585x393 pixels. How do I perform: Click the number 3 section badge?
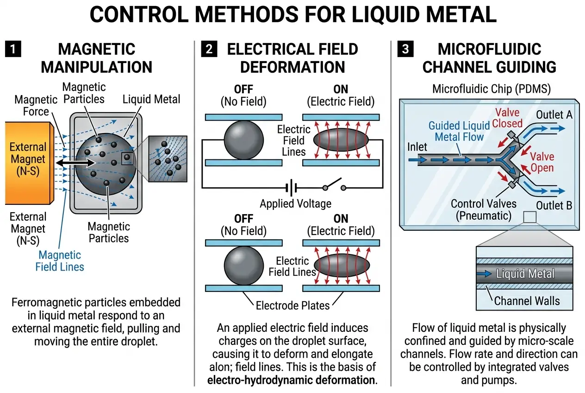[406, 49]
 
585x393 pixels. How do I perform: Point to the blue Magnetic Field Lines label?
[60, 260]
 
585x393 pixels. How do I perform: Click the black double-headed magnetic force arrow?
[74, 163]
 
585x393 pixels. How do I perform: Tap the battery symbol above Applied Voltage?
[291, 188]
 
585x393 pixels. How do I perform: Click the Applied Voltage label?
[296, 204]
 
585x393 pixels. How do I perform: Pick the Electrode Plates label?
[292, 305]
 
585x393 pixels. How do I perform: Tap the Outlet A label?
[553, 115]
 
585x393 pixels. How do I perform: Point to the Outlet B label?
[554, 205]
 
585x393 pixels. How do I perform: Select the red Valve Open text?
[541, 161]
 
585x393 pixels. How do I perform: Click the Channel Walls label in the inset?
[527, 301]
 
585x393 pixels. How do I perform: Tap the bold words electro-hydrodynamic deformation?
[292, 380]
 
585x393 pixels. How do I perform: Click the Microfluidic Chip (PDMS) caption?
[487, 89]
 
